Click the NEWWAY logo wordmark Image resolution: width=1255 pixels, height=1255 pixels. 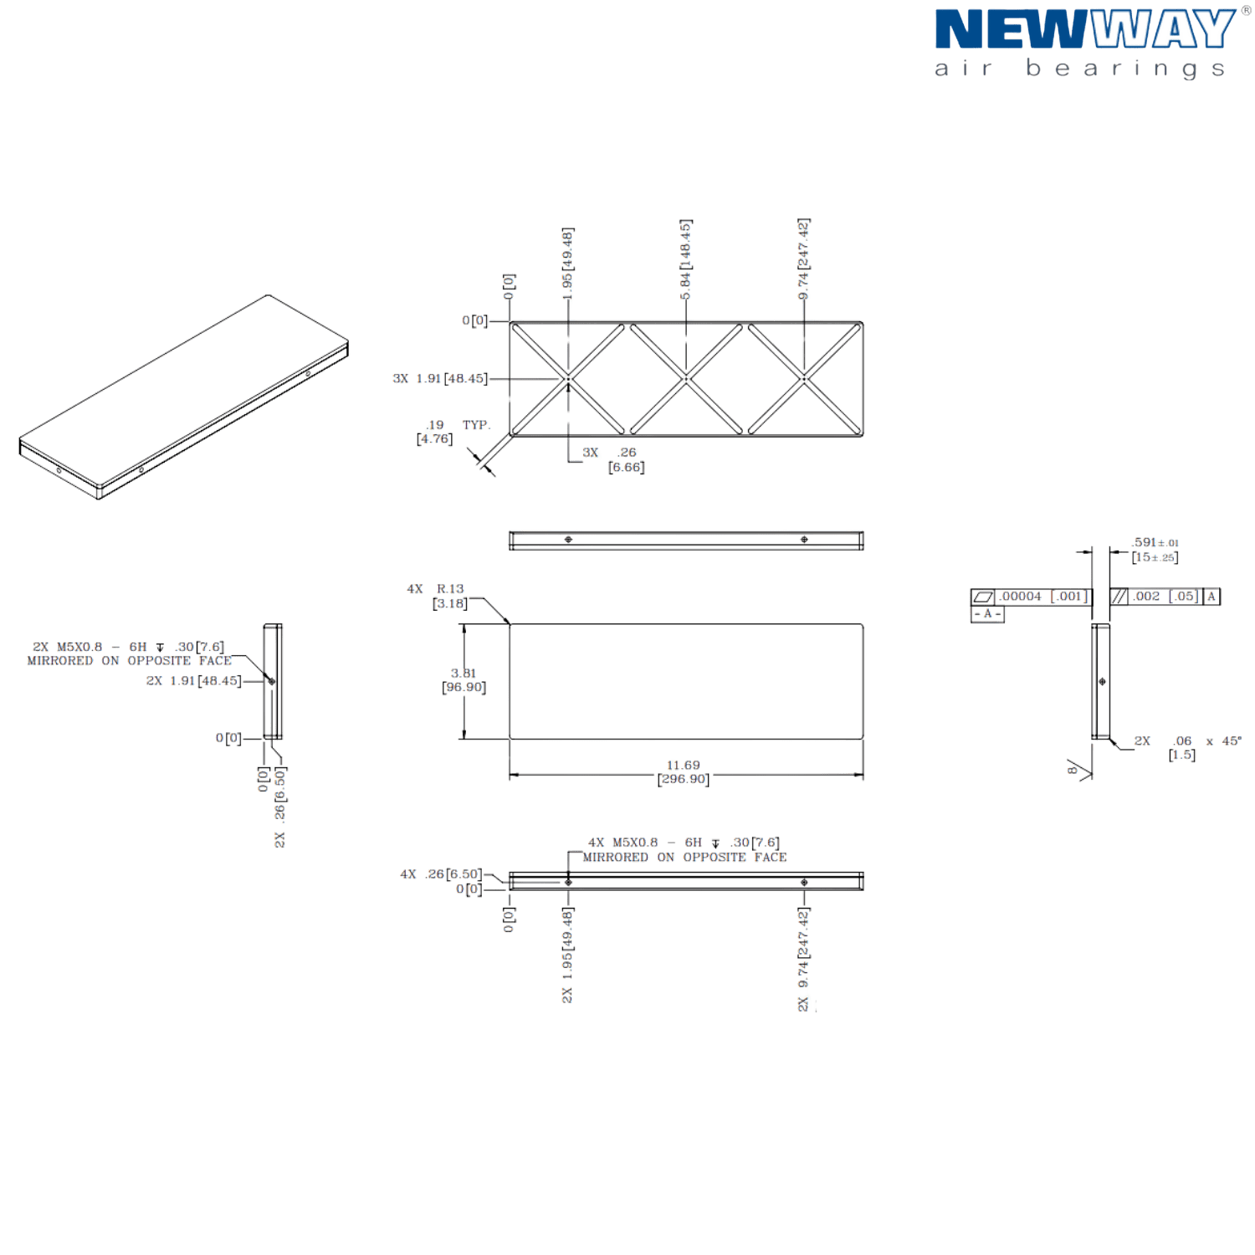pyautogui.click(x=1084, y=30)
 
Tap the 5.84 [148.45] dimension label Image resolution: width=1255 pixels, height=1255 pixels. pyautogui.click(x=686, y=261)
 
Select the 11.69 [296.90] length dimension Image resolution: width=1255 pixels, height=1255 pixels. pyautogui.click(x=684, y=771)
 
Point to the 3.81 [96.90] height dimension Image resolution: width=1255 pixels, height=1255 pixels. pyautogui.click(x=464, y=680)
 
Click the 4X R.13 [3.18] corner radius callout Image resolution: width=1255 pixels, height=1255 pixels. pyautogui.click(x=443, y=596)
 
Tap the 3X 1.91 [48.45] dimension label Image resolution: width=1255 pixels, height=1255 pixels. pyautogui.click(x=439, y=379)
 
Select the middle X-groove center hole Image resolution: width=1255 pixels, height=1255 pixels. pyautogui.click(x=686, y=379)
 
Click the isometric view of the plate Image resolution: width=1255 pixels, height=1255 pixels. pyautogui.click(x=184, y=397)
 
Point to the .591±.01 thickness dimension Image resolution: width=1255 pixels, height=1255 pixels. pyautogui.click(x=1155, y=550)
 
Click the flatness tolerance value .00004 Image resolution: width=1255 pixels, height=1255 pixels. pyautogui.click(x=1022, y=597)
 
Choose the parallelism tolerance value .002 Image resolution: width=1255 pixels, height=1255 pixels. pyautogui.click(x=1145, y=597)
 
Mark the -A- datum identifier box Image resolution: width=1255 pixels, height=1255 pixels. pyautogui.click(x=987, y=615)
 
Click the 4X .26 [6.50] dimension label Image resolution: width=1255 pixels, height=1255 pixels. pyautogui.click(x=440, y=874)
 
